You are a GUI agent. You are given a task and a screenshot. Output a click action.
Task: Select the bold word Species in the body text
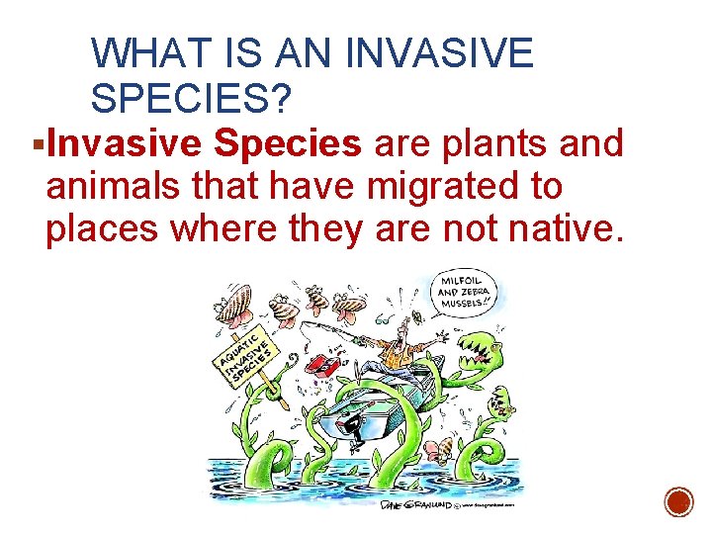(x=288, y=143)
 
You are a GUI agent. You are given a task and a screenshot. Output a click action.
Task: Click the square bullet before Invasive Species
(x=37, y=145)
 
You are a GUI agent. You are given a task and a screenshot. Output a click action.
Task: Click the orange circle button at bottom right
(x=677, y=501)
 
